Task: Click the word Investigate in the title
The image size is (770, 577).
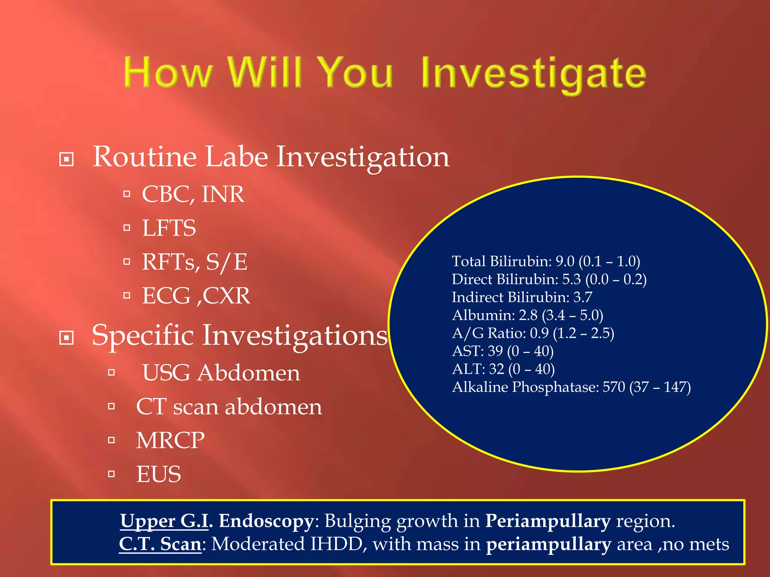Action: coord(533,73)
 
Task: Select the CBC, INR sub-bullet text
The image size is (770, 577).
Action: coord(193,194)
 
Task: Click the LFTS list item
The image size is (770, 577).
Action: coord(169,228)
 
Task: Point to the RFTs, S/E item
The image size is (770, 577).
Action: coord(194,262)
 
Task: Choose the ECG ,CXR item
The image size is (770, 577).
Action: coord(196,296)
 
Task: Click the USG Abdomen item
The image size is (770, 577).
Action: coord(221,373)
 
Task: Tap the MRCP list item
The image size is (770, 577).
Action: coord(170,440)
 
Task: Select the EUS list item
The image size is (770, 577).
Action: coord(158,474)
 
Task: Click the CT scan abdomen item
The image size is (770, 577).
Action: coord(229,407)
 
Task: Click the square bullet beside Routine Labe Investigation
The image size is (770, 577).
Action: coord(67,159)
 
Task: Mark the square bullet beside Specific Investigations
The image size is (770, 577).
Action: coord(67,338)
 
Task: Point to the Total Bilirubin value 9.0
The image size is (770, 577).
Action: coord(565,261)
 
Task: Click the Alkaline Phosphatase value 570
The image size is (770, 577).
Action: coord(614,387)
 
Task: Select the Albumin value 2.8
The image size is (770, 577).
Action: coord(528,315)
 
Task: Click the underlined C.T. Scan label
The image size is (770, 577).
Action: coord(160,544)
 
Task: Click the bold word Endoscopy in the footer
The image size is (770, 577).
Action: coord(266,521)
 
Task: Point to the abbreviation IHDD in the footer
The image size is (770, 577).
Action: coord(336,544)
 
